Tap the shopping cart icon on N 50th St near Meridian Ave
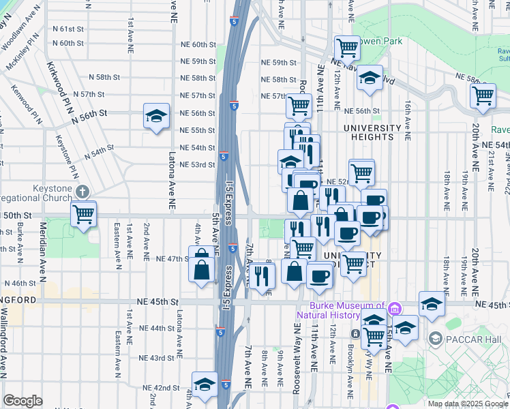pyautogui.click(x=83, y=215)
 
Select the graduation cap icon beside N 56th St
pyautogui.click(x=156, y=116)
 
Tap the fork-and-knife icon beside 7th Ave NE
pyautogui.click(x=261, y=275)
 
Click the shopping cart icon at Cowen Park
pyautogui.click(x=348, y=47)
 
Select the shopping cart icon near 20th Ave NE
pyautogui.click(x=483, y=95)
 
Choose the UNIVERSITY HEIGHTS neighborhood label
pyautogui.click(x=372, y=132)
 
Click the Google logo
pyautogui.click(x=22, y=401)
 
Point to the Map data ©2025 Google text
pyautogui.click(x=467, y=404)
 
